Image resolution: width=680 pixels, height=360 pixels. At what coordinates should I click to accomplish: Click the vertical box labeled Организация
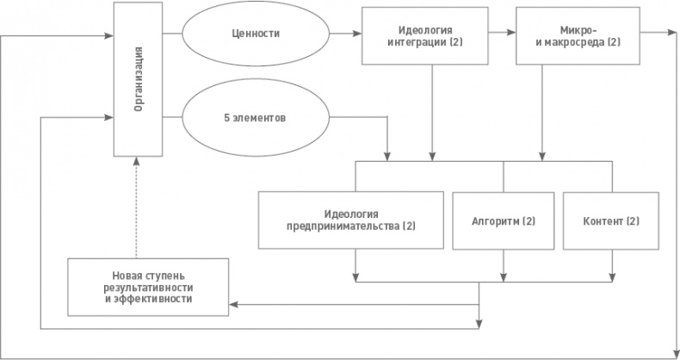click(x=138, y=80)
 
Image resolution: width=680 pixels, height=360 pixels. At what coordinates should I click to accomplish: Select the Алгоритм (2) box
click(x=504, y=220)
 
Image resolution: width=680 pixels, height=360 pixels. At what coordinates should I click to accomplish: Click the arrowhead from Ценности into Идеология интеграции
click(x=356, y=35)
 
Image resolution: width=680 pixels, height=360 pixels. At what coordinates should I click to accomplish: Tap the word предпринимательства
click(x=343, y=227)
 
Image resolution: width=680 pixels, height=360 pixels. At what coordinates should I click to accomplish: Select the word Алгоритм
click(x=494, y=220)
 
